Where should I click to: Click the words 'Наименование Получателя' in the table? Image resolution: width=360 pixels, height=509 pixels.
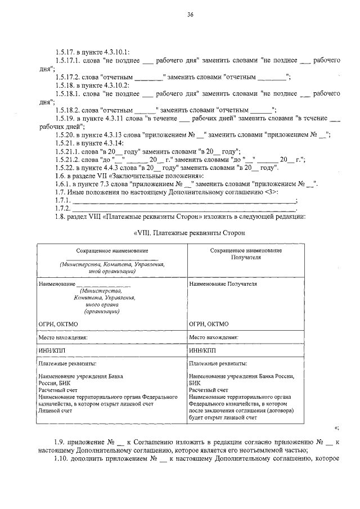pos(223,284)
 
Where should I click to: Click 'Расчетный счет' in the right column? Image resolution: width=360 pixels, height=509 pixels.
pos(209,389)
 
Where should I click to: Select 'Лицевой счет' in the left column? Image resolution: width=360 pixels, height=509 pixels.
pos(55,411)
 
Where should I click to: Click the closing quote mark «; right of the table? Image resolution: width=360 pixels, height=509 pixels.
pos(336,429)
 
